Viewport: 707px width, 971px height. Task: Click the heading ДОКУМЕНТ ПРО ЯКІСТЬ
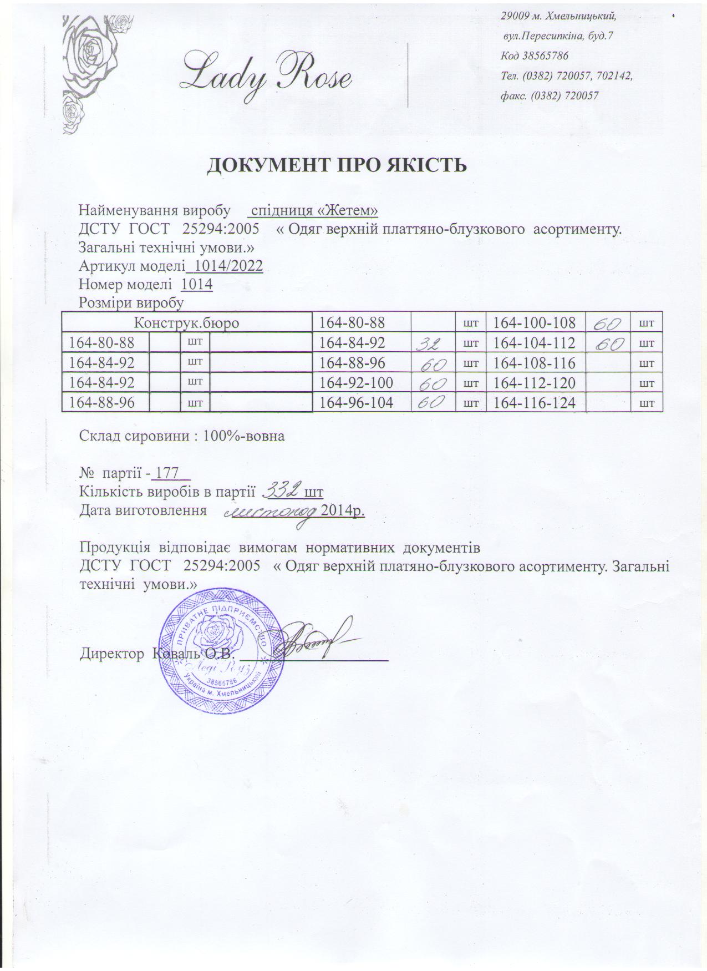(x=337, y=165)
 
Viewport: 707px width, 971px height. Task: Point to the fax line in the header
(x=549, y=95)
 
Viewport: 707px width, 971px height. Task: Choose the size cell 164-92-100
(x=357, y=383)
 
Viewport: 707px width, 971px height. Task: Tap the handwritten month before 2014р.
(x=271, y=510)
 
